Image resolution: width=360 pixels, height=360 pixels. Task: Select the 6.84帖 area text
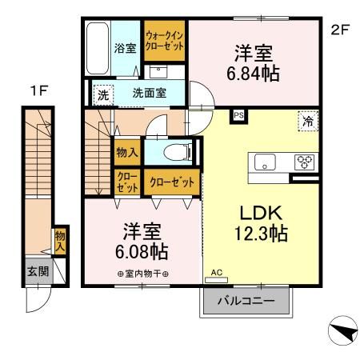[252, 73]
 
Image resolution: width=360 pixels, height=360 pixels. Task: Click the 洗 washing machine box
[102, 94]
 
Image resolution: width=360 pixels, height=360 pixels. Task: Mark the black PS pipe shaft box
[238, 115]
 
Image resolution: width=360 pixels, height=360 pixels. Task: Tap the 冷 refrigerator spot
[307, 121]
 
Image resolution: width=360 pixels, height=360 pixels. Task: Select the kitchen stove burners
[305, 161]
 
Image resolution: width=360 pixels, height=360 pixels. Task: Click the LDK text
[255, 214]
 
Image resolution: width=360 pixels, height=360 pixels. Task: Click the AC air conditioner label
[215, 273]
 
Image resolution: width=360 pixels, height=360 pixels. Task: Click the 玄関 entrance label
[37, 270]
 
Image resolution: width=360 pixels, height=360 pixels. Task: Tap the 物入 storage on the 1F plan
[61, 241]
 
